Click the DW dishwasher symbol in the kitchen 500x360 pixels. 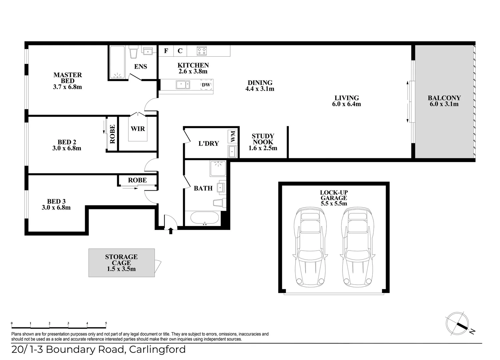(x=206, y=85)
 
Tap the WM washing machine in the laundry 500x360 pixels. (x=232, y=136)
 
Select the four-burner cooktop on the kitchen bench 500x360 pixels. (x=202, y=51)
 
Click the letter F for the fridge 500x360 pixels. (x=166, y=51)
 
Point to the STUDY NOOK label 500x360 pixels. (x=263, y=139)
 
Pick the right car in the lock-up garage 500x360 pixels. (x=358, y=247)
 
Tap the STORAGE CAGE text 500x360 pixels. (x=121, y=260)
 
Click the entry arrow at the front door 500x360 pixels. (x=171, y=231)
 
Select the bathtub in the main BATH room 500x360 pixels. (x=205, y=218)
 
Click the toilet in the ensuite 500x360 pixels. (x=133, y=52)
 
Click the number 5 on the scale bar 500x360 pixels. (x=106, y=323)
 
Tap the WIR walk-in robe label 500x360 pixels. (x=138, y=129)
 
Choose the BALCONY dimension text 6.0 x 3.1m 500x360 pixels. (x=444, y=104)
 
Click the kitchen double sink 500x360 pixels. (x=183, y=85)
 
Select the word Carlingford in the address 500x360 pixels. (x=157, y=350)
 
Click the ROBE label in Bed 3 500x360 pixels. (x=137, y=180)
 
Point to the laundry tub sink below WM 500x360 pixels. (x=232, y=151)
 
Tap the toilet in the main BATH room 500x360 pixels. (x=219, y=203)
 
